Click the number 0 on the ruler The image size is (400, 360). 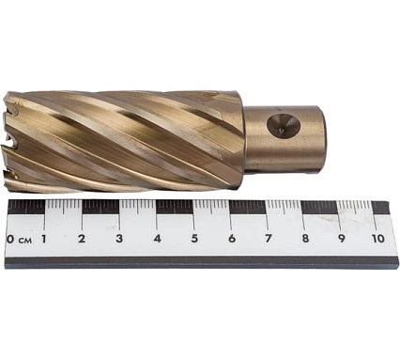10,240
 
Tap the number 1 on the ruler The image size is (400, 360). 43,239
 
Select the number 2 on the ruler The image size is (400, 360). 82,239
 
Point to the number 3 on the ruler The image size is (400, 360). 119,239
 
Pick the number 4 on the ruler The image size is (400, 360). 157,239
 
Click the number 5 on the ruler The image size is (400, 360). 194,239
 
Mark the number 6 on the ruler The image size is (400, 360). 232,239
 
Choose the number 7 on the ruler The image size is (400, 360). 269,239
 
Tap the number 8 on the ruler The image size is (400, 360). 305,239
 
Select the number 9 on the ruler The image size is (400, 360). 342,239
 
